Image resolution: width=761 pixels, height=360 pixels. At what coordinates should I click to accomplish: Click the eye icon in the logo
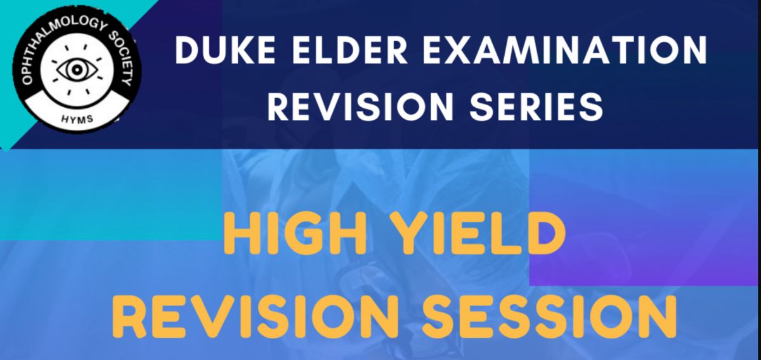[x=77, y=69]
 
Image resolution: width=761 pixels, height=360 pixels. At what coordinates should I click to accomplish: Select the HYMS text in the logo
[x=77, y=119]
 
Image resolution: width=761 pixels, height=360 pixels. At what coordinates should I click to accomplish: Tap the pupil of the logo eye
[x=77, y=69]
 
